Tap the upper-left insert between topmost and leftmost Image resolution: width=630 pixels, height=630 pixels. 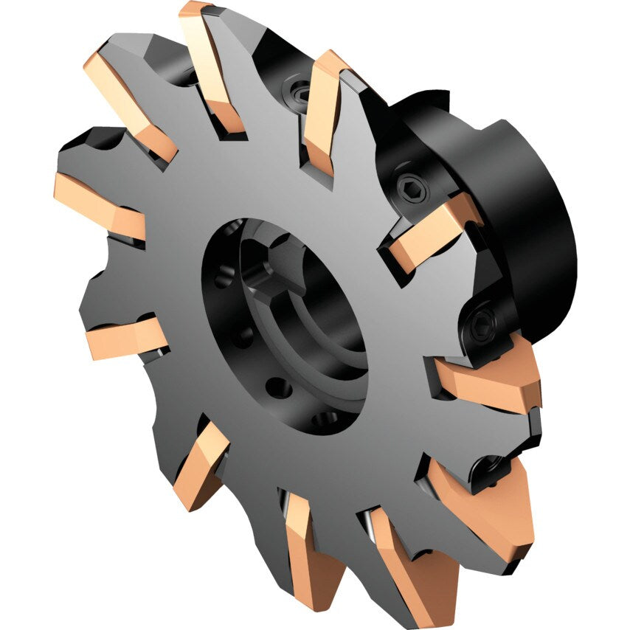(x=129, y=103)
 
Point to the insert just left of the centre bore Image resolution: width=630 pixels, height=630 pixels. (x=125, y=339)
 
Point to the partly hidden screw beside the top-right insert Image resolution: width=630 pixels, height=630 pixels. (x=302, y=92)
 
